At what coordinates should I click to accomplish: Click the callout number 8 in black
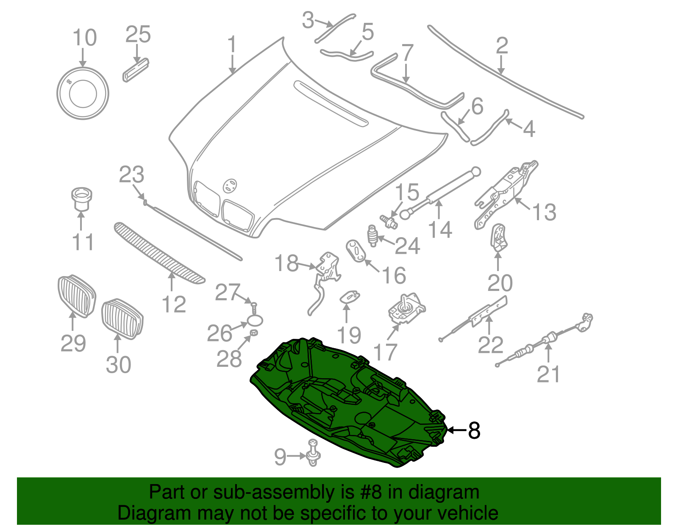coord(474,431)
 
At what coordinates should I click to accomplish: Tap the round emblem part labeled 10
coord(83,93)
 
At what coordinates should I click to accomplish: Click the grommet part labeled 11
coord(81,199)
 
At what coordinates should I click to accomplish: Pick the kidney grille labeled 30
coord(122,319)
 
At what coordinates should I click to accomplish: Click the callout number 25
coord(138,35)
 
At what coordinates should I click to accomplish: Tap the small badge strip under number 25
coord(136,69)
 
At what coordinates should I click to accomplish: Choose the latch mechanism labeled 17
coord(406,310)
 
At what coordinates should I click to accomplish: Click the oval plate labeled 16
coord(356,251)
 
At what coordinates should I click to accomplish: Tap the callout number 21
coord(548,374)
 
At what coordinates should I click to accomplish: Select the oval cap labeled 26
coord(255,321)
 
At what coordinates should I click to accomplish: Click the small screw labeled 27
coord(254,307)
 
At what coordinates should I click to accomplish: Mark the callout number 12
coord(174,305)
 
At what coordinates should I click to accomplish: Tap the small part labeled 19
coord(350,295)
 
